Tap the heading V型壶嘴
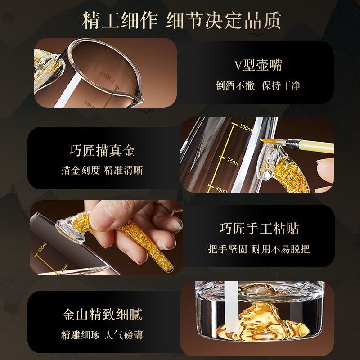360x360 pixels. point(257,66)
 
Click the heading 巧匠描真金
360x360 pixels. point(102,150)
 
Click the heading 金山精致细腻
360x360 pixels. point(102,314)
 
